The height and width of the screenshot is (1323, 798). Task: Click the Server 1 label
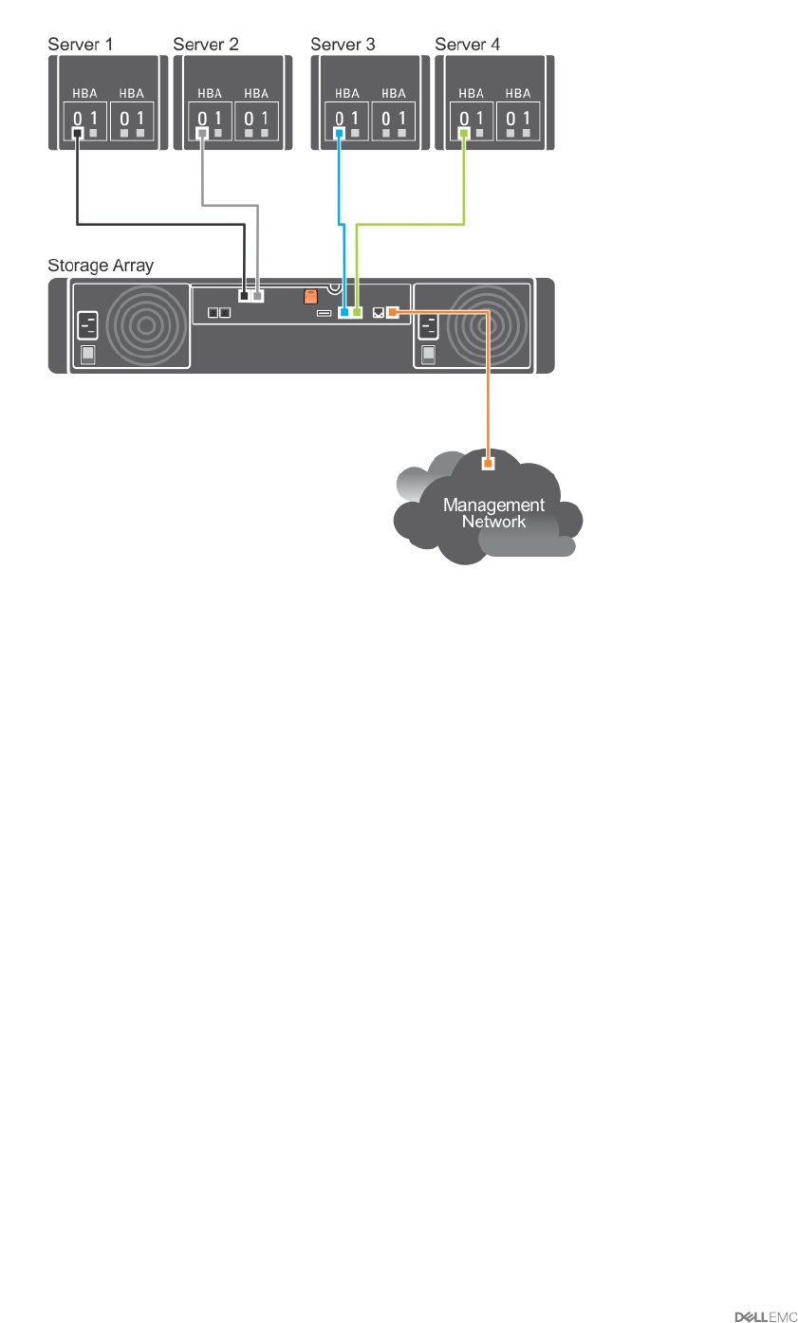(x=81, y=45)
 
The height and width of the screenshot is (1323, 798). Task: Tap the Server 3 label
(x=343, y=45)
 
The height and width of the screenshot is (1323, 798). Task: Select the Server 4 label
(x=467, y=45)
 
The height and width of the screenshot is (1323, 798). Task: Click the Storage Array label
(x=101, y=266)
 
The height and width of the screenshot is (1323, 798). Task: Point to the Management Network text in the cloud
(x=493, y=513)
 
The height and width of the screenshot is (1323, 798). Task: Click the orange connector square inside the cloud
(x=489, y=464)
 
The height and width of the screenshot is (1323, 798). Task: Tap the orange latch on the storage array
(x=310, y=297)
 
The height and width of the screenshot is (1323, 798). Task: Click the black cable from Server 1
(x=161, y=224)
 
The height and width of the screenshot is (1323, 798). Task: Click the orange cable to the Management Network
(x=489, y=379)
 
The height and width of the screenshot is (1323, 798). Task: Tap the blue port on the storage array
(x=343, y=311)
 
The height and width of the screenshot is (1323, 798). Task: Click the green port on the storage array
(x=357, y=311)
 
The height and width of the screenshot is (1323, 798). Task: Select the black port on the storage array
(x=244, y=297)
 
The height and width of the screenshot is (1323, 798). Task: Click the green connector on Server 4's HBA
(x=464, y=134)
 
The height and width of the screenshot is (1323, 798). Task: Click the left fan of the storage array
(x=146, y=325)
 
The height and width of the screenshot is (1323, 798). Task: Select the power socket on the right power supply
(x=428, y=327)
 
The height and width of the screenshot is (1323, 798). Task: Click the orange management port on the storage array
(x=392, y=311)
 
